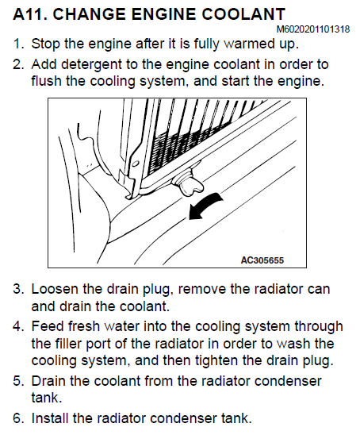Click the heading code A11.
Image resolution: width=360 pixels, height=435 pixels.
click(x=29, y=13)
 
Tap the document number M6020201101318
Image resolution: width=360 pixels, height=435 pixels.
click(x=313, y=29)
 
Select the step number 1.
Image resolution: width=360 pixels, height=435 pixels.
click(x=18, y=44)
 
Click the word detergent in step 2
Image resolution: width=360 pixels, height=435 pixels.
click(x=91, y=64)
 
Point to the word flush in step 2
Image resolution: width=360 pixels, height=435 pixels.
click(x=46, y=81)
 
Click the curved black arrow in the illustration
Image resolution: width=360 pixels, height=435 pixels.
click(x=205, y=206)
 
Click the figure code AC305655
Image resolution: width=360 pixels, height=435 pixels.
click(x=262, y=260)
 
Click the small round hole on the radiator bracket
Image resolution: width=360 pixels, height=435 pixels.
click(x=136, y=164)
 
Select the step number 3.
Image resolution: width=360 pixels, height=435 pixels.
click(x=17, y=289)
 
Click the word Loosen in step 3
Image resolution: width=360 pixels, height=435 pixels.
click(x=55, y=289)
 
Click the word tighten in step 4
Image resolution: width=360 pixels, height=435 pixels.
click(x=216, y=360)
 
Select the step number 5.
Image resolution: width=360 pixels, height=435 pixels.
click(x=17, y=381)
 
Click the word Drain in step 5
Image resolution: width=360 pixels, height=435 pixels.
click(x=49, y=381)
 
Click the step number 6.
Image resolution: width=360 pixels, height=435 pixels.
click(x=17, y=418)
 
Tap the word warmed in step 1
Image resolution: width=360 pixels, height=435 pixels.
click(x=247, y=44)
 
